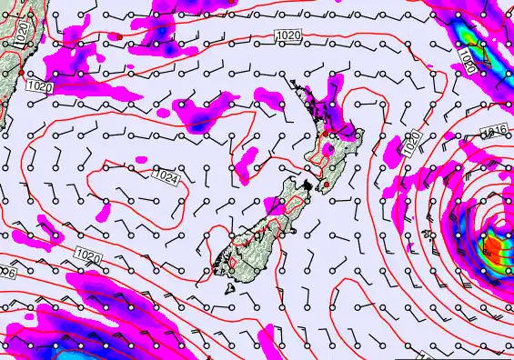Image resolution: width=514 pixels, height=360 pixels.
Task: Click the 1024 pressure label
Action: [166, 177]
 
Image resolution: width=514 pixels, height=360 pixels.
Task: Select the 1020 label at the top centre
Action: [287, 35]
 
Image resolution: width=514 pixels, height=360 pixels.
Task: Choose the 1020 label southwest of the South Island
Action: [88, 255]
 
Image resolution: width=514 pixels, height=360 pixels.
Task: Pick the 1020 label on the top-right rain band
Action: [466, 62]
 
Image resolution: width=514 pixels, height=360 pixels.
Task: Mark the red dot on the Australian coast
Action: [20, 71]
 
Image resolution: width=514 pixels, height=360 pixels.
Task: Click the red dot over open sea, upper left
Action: [118, 36]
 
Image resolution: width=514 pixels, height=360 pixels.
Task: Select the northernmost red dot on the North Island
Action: [326, 134]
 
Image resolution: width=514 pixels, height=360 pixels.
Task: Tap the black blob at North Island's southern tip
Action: [308, 185]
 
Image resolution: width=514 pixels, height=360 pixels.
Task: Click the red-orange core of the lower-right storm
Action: [491, 244]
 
